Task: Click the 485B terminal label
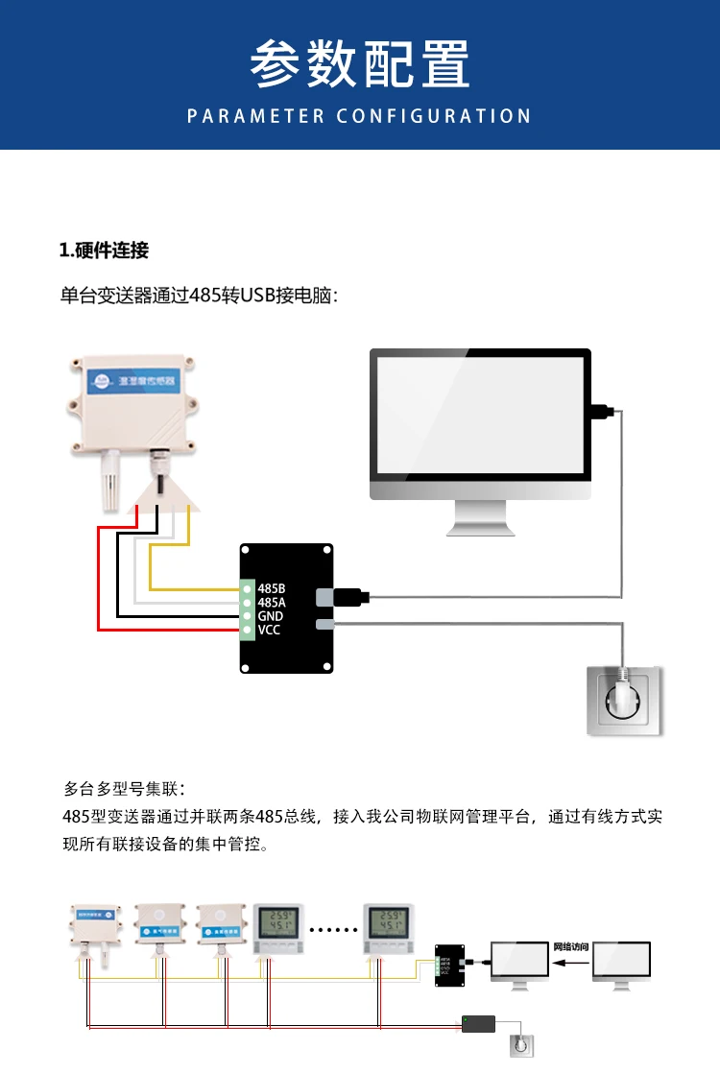[x=272, y=587]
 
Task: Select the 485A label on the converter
[x=272, y=602]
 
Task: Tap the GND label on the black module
[x=270, y=616]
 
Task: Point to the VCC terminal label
[x=269, y=631]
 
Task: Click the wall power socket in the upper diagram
[x=625, y=701]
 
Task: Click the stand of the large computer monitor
[x=480, y=518]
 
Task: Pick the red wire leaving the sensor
[x=99, y=576]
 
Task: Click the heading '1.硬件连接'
[x=105, y=251]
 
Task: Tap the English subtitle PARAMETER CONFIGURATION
[x=359, y=116]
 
